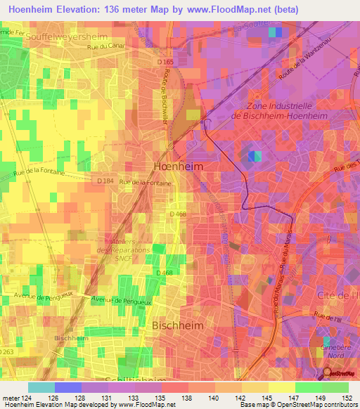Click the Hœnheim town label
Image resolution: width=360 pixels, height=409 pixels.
click(179, 167)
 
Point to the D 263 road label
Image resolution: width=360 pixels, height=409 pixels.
click(7, 351)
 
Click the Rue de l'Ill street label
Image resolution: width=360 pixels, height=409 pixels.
click(337, 317)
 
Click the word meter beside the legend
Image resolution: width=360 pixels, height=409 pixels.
click(12, 399)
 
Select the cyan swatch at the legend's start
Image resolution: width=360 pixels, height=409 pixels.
click(41, 387)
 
